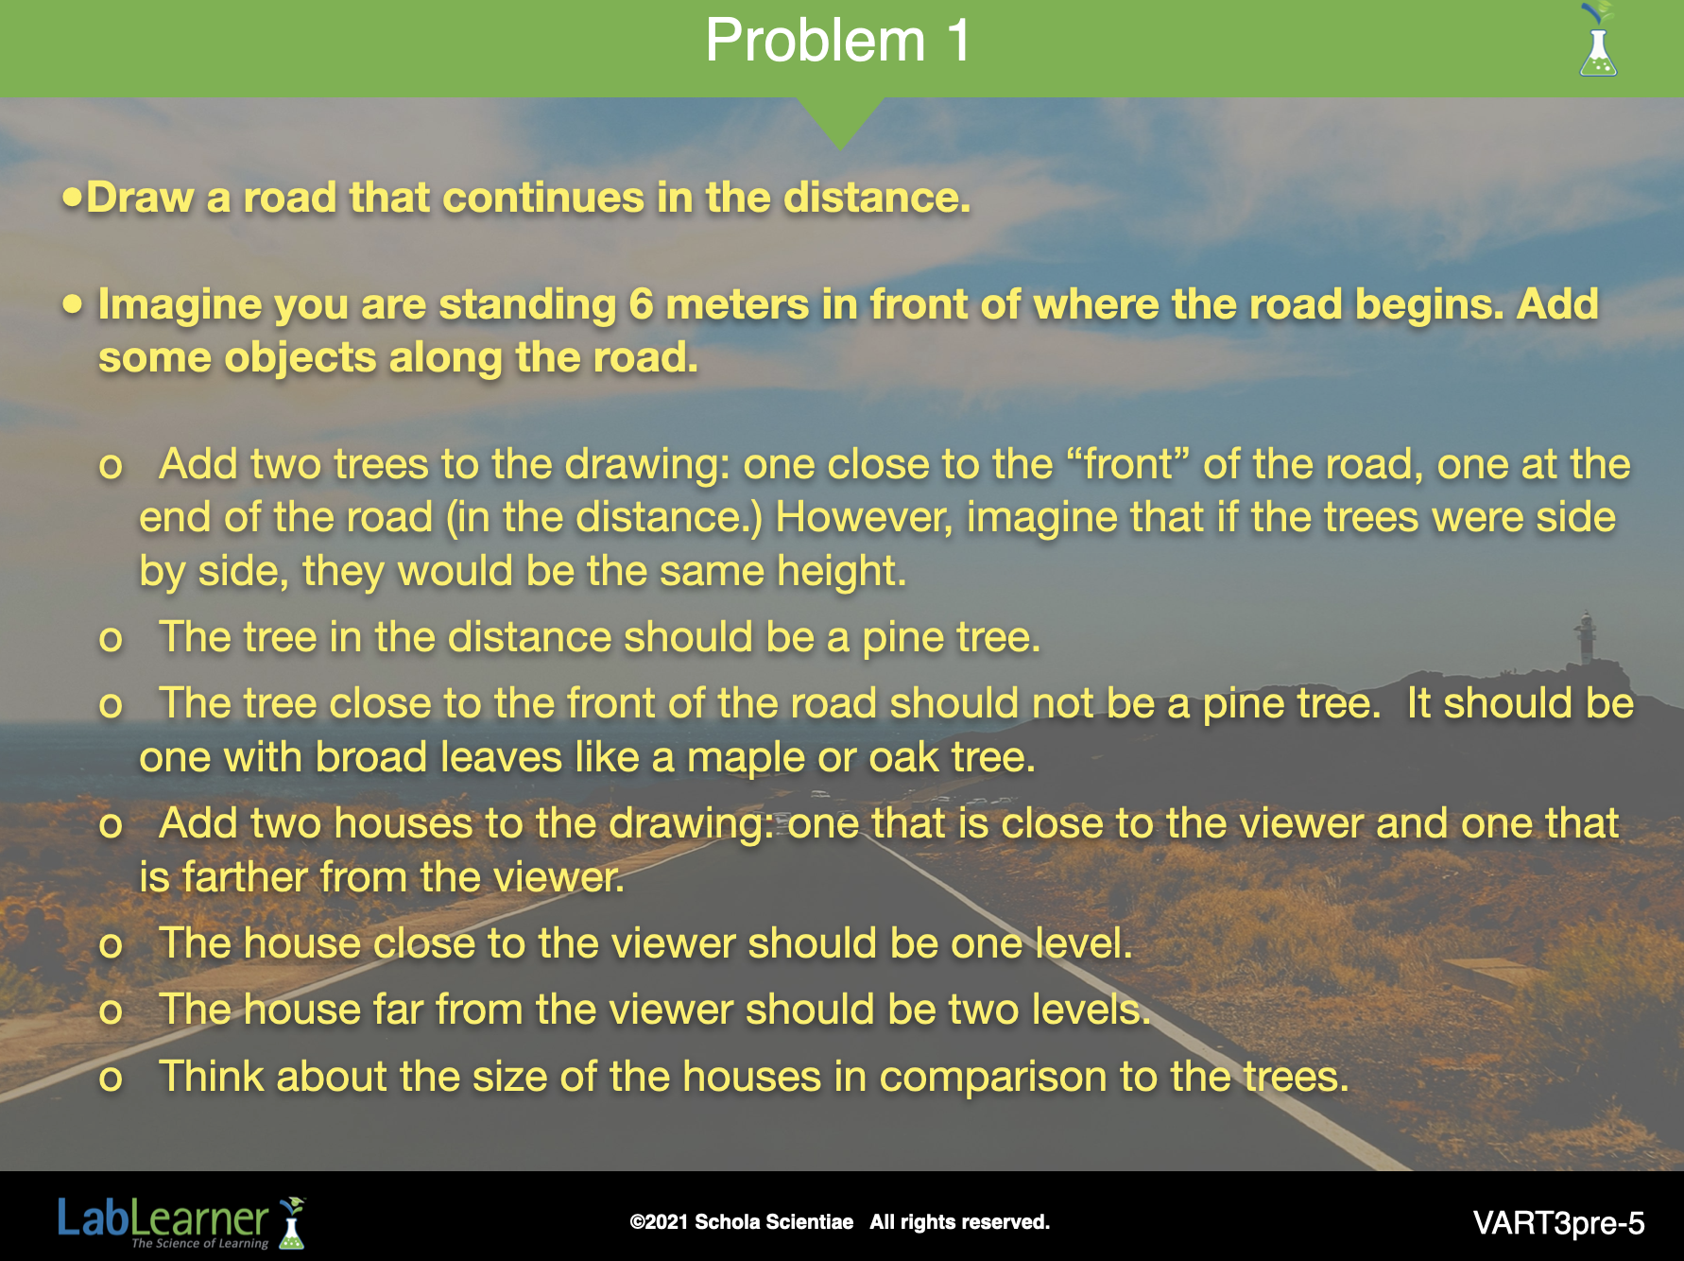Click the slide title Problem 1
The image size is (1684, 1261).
pyautogui.click(x=837, y=41)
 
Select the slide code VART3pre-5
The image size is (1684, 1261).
pyautogui.click(x=1558, y=1223)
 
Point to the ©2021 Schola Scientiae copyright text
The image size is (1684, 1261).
pyautogui.click(x=741, y=1221)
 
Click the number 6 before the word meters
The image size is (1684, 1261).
pyautogui.click(x=641, y=304)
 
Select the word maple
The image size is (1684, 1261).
pyautogui.click(x=746, y=758)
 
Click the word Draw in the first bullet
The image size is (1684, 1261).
pyautogui.click(x=140, y=198)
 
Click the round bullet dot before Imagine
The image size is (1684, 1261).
pyautogui.click(x=73, y=303)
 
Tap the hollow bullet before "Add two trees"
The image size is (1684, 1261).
pyautogui.click(x=111, y=466)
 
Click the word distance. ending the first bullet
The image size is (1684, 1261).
pyautogui.click(x=876, y=198)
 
